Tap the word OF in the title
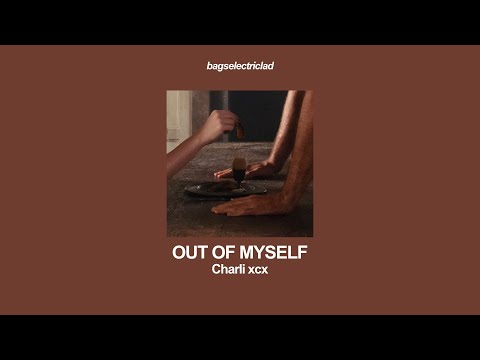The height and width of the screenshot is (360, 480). pos(226,253)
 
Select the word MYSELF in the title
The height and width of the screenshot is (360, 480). pos(274,253)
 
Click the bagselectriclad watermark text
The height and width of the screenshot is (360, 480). pos(240,66)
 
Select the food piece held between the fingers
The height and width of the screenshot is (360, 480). pos(239,129)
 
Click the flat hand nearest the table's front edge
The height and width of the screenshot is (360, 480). pos(244,205)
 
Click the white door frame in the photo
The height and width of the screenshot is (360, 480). pos(176,115)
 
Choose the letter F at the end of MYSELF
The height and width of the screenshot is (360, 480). pos(301,253)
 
